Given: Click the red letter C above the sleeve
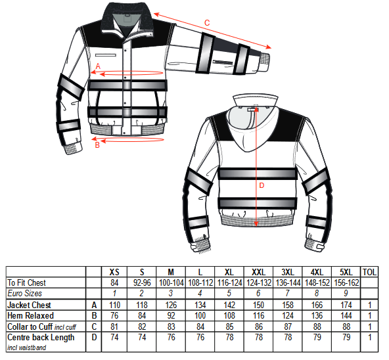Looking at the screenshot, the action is click(x=207, y=23).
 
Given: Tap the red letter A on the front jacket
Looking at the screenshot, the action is click(x=99, y=66).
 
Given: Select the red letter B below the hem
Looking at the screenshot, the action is click(x=97, y=145).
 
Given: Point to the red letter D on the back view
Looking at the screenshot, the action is click(x=262, y=185).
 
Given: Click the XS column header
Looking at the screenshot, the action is click(x=114, y=272).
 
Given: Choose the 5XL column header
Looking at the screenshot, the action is click(x=346, y=272).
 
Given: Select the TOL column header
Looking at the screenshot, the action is click(x=369, y=272).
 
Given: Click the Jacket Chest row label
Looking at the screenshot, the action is click(x=29, y=305).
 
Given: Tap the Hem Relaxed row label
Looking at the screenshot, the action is click(x=30, y=315).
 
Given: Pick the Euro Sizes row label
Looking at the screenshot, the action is click(x=24, y=293).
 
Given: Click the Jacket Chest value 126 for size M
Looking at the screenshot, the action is click(x=171, y=305).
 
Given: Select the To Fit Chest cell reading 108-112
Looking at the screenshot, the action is click(x=200, y=283).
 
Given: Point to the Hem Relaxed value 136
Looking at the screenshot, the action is click(x=317, y=315).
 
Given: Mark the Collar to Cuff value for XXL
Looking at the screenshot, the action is click(x=258, y=326).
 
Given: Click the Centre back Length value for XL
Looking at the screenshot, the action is click(x=229, y=337).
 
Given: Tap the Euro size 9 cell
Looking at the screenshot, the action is click(x=346, y=293).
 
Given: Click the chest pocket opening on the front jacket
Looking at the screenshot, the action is click(x=106, y=55).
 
